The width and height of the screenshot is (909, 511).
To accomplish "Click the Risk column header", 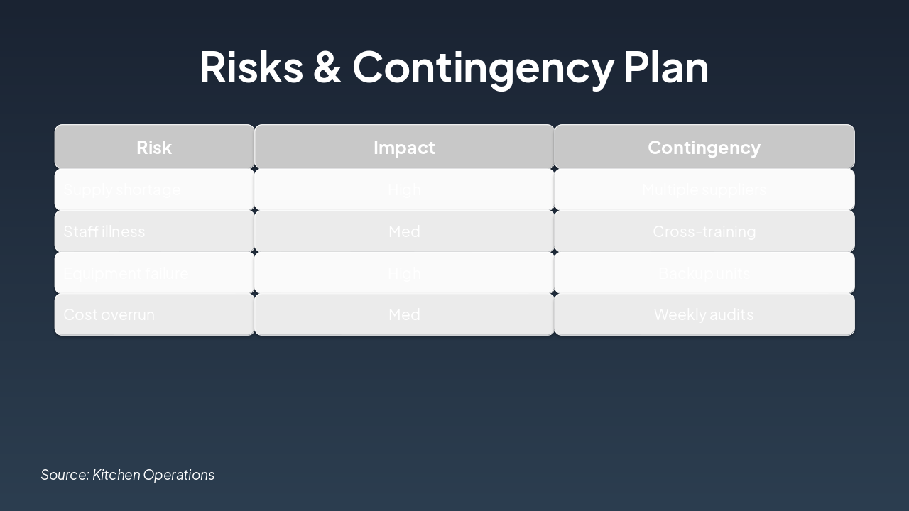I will point(154,147).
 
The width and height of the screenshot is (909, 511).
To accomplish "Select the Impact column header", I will point(404,147).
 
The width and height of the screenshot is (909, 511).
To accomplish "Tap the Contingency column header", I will point(704,147).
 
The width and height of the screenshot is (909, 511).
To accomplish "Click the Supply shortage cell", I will point(154,189).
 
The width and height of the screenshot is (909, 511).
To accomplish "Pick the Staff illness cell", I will point(154,231).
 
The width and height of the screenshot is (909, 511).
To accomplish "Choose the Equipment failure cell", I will point(154,273).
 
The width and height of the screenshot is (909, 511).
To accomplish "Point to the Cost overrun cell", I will point(154,314).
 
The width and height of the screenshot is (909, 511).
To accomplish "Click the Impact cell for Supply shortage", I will point(404,189).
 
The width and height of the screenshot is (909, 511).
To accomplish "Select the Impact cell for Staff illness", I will point(404,231).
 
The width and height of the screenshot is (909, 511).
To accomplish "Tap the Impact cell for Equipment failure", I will point(404,273).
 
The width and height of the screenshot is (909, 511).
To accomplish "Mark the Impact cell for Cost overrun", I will point(404,314).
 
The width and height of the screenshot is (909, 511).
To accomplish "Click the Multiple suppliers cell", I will point(704,189).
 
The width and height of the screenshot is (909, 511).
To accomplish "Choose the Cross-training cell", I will point(704,231).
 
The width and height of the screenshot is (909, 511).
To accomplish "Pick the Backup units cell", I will point(704,273).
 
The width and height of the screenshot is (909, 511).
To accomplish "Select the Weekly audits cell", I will point(704,314).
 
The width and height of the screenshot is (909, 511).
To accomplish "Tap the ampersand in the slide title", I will point(327,67).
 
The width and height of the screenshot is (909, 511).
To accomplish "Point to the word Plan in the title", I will point(666,67).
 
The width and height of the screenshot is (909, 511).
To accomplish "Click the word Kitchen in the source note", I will point(116,475).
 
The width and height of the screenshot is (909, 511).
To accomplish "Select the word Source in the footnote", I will point(65,475).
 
